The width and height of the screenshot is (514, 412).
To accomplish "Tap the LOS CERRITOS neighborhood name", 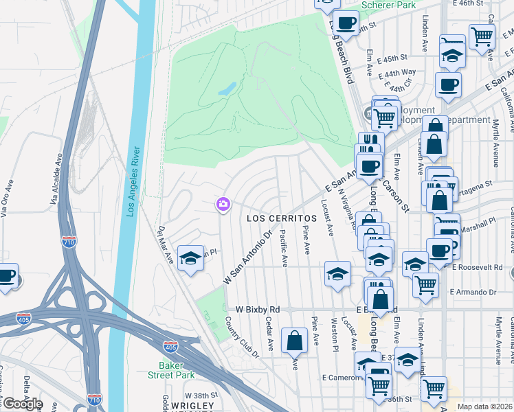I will point(282,218).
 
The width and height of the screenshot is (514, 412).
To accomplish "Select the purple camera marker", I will point(223,204).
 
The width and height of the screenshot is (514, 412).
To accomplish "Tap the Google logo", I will point(22,404).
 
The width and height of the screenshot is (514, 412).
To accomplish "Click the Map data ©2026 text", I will point(484,407).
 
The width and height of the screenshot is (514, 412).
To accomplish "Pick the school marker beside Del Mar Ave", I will point(188,259).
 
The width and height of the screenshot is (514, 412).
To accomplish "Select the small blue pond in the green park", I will point(227,89).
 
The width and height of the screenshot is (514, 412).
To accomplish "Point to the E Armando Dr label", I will point(473,292).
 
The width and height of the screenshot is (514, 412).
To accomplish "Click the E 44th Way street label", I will point(400,72).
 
